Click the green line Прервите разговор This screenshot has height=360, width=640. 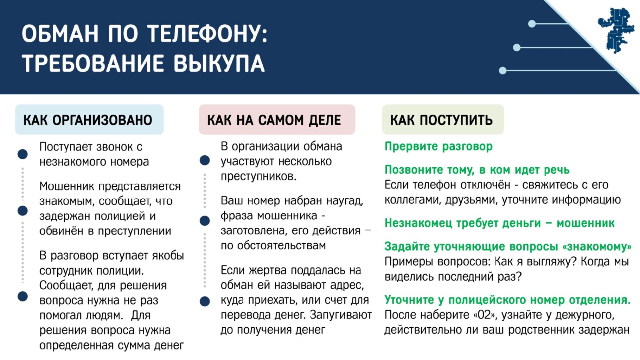pyautogui.click(x=439, y=147)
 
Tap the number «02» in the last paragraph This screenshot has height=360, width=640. pyautogui.click(x=484, y=315)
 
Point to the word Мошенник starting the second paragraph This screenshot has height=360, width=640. pyautogui.click(x=66, y=186)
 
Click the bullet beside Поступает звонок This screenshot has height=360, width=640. pyautogui.click(x=23, y=154)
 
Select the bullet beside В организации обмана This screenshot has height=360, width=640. pyautogui.click(x=205, y=161)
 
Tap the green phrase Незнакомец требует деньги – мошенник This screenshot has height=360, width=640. pyautogui.click(x=499, y=223)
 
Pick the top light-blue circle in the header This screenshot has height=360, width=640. pyautogui.click(x=532, y=24)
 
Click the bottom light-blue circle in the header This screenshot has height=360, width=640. pyautogui.click(x=503, y=71)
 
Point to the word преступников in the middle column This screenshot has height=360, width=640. pyautogui.click(x=258, y=176)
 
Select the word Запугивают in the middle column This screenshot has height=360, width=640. pyautogui.click(x=341, y=315)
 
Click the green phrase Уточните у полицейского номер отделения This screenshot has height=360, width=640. pyautogui.click(x=507, y=300)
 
